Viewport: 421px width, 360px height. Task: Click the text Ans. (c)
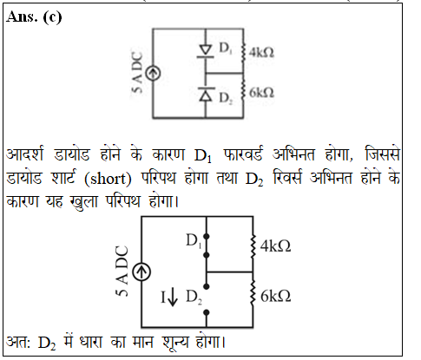click(x=34, y=17)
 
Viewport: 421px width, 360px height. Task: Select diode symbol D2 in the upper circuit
click(x=206, y=94)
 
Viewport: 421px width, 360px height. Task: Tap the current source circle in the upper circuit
click(x=153, y=73)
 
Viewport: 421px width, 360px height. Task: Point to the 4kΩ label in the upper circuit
click(x=261, y=53)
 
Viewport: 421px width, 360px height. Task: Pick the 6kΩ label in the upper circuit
click(x=261, y=93)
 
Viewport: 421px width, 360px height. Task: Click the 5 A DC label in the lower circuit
click(x=122, y=272)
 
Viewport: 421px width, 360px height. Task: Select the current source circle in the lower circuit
click(x=141, y=272)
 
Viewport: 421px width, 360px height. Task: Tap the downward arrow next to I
click(x=173, y=298)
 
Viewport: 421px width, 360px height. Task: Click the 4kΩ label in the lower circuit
click(x=275, y=246)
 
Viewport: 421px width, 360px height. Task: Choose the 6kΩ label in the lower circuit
click(x=275, y=297)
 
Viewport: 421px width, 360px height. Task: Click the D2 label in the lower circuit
click(x=194, y=298)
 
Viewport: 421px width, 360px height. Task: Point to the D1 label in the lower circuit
click(x=194, y=241)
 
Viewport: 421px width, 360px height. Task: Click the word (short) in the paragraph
click(x=108, y=179)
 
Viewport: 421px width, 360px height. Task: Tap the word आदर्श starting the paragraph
click(x=25, y=154)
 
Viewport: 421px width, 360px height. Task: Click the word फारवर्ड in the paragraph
click(x=243, y=154)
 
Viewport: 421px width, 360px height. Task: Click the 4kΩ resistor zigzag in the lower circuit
click(x=253, y=246)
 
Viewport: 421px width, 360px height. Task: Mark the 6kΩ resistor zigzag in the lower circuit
click(x=253, y=292)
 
